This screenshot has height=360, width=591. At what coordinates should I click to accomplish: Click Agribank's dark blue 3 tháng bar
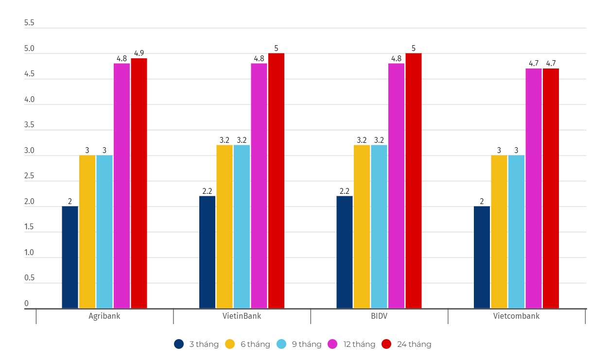click(x=70, y=257)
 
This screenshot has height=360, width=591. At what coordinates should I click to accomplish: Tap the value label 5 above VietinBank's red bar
click(x=276, y=48)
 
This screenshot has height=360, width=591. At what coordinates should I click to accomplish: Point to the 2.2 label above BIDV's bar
click(x=345, y=191)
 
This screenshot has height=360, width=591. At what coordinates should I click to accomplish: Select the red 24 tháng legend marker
click(x=386, y=344)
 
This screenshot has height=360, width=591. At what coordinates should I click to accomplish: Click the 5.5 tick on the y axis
click(x=29, y=23)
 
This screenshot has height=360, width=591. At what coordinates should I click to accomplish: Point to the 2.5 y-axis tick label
click(x=29, y=176)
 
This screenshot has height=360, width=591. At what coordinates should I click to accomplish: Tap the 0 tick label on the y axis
click(x=27, y=304)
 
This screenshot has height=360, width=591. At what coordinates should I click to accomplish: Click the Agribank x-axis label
click(x=104, y=316)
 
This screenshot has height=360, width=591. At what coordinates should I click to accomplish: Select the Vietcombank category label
click(x=516, y=316)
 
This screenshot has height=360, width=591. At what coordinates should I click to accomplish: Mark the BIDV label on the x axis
click(x=379, y=316)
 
